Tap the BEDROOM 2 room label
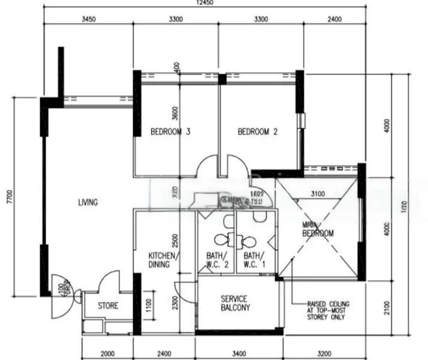(257, 132)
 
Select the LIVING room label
(88, 202)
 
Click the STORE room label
(108, 306)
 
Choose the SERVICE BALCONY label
(234, 303)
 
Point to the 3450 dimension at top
(88, 19)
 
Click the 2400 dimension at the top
(334, 19)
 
